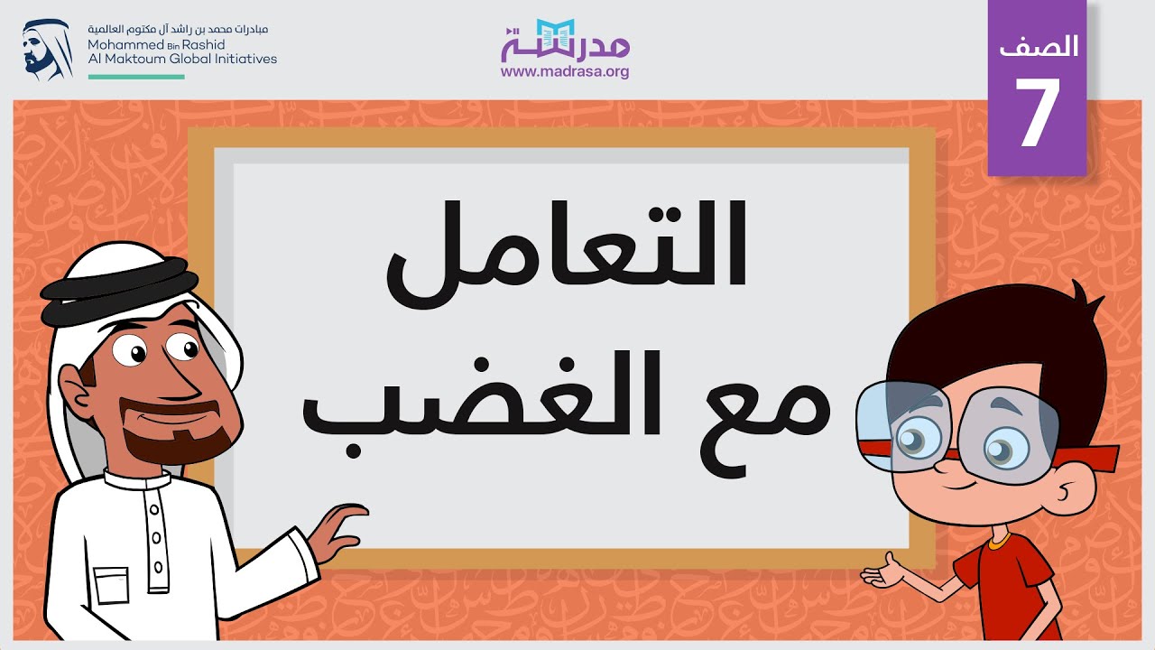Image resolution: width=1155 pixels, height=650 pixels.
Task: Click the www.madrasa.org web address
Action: tap(565, 72)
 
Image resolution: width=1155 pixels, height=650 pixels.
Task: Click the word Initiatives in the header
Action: tap(245, 59)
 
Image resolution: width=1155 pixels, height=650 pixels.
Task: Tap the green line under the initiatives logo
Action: tap(136, 77)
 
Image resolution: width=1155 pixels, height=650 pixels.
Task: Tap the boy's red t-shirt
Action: tap(1002, 587)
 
